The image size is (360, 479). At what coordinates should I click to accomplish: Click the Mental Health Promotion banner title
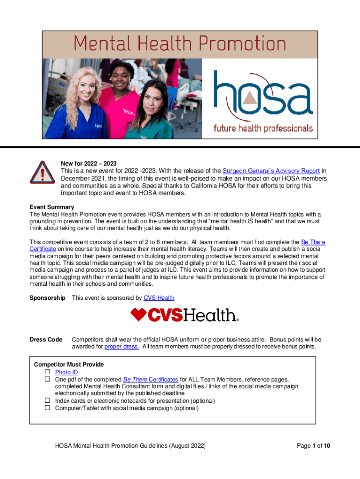[x=180, y=44]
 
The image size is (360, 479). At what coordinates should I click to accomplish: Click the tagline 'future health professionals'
[x=263, y=128]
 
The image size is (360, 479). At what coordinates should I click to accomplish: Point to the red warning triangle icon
[x=43, y=174]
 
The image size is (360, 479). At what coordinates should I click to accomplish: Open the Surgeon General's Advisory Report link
[x=271, y=171]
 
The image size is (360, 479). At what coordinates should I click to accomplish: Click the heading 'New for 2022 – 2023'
[x=89, y=163]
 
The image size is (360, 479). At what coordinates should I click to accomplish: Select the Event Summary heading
[x=51, y=207]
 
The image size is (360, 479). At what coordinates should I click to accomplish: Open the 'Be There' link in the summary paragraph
[x=313, y=242]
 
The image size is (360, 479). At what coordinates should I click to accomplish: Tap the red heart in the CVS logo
[x=138, y=315]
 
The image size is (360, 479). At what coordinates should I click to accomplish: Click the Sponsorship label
[x=47, y=298]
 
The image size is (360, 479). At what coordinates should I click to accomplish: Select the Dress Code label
[x=46, y=339]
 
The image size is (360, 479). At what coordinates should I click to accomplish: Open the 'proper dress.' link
[x=122, y=347]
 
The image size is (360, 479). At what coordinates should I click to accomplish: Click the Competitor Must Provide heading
[x=69, y=364]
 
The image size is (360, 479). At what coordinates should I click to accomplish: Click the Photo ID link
[x=66, y=372]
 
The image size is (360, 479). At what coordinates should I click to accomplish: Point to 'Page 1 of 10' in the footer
[x=314, y=446]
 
